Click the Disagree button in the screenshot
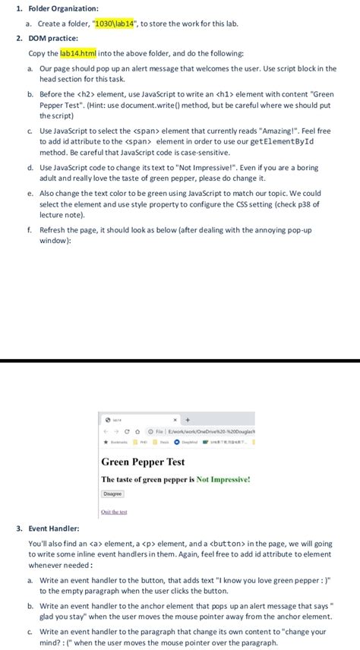pos(112,493)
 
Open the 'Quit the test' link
pos(114,512)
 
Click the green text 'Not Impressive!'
pos(223,479)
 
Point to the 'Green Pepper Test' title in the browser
pos(143,461)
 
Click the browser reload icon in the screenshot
pos(126,431)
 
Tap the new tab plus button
pos(188,419)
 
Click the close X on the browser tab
pos(175,419)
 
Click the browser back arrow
pos(106,431)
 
